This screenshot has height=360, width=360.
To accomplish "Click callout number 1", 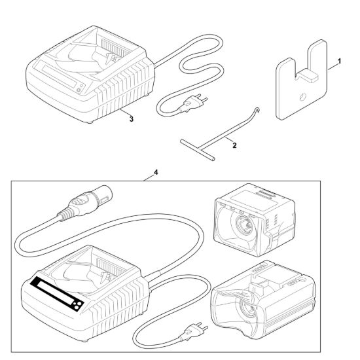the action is click(x=339, y=62).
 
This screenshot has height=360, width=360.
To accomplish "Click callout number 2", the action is click(x=234, y=145).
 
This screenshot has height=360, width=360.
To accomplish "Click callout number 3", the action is click(x=131, y=119).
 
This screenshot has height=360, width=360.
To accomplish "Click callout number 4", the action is click(x=156, y=172).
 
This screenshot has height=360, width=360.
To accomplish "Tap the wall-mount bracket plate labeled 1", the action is click(x=301, y=81).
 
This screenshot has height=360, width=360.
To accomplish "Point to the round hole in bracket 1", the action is click(x=303, y=96).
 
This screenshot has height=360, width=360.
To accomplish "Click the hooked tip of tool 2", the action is click(x=258, y=110).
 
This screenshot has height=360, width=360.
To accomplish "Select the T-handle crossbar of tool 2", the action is click(x=198, y=150).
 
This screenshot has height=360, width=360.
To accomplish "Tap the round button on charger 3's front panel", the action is click(x=79, y=90).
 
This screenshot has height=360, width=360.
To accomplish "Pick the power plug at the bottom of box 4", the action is click(x=193, y=332).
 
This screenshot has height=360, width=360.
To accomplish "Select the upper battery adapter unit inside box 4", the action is click(x=255, y=220).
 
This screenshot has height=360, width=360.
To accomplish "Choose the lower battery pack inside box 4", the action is click(x=263, y=300).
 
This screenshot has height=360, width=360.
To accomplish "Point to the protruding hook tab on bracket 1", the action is click(x=308, y=75).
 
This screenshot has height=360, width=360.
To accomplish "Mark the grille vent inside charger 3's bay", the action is click(x=113, y=48).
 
